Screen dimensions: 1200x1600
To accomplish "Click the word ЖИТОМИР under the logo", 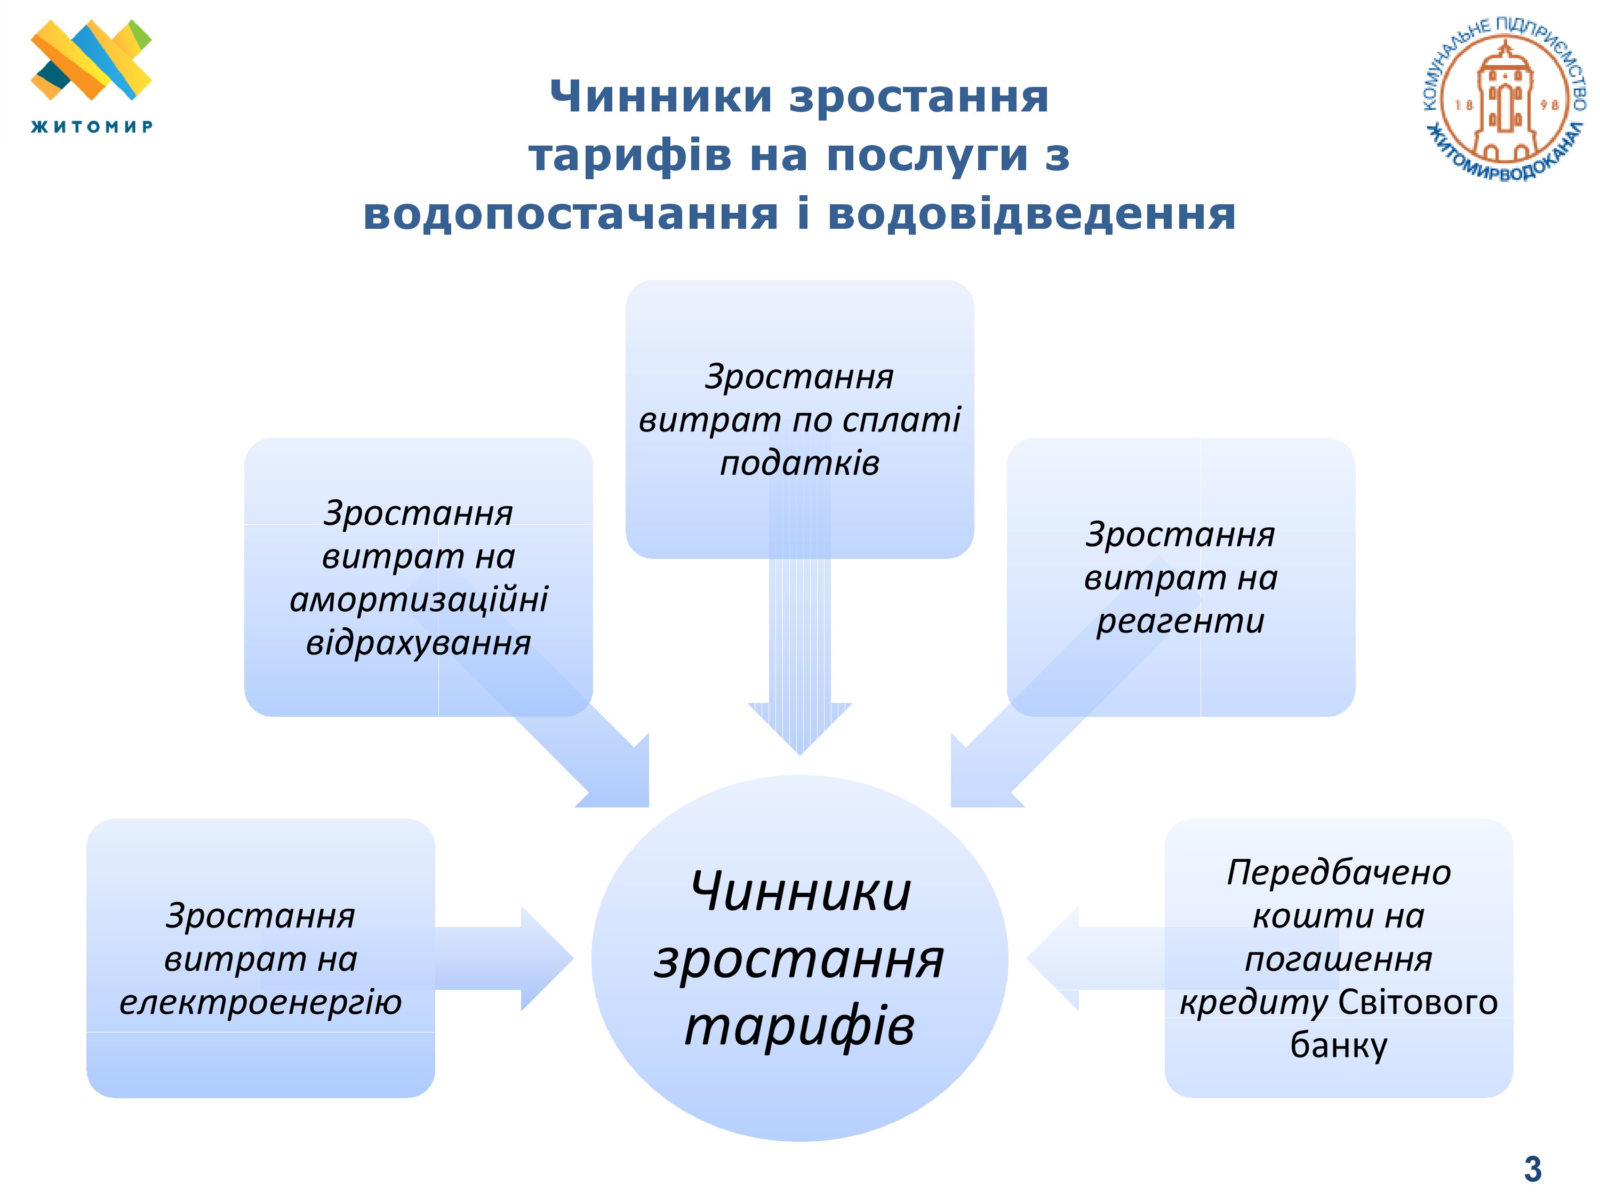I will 91,126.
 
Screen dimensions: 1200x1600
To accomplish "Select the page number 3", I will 1532,1170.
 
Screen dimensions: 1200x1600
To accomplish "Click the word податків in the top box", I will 799,463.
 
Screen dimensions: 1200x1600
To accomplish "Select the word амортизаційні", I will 418,599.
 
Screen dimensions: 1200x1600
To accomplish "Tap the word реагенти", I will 1180,621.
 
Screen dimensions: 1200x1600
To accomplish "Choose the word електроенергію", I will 260,1003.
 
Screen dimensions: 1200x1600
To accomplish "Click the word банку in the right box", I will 1338,1046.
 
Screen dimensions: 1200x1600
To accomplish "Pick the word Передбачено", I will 1338,873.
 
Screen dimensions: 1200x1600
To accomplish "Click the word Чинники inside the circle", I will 800,891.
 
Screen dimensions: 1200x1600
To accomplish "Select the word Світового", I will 1418,1003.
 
